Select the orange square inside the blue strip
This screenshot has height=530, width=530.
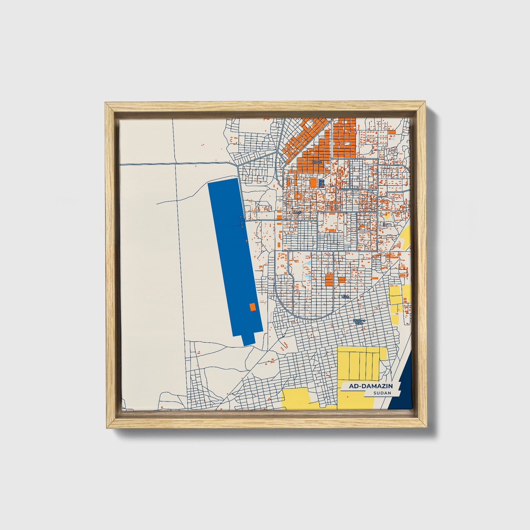pyautogui.click(x=252, y=307)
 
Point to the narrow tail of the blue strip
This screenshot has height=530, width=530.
pyautogui.click(x=248, y=339)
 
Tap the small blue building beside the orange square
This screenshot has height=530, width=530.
pyautogui.click(x=322, y=182)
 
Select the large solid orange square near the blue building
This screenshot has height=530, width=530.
pyautogui.click(x=313, y=182)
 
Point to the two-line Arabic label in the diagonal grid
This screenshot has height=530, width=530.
pyautogui.click(x=359, y=322)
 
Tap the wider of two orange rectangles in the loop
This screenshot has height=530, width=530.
pyautogui.click(x=329, y=279)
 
